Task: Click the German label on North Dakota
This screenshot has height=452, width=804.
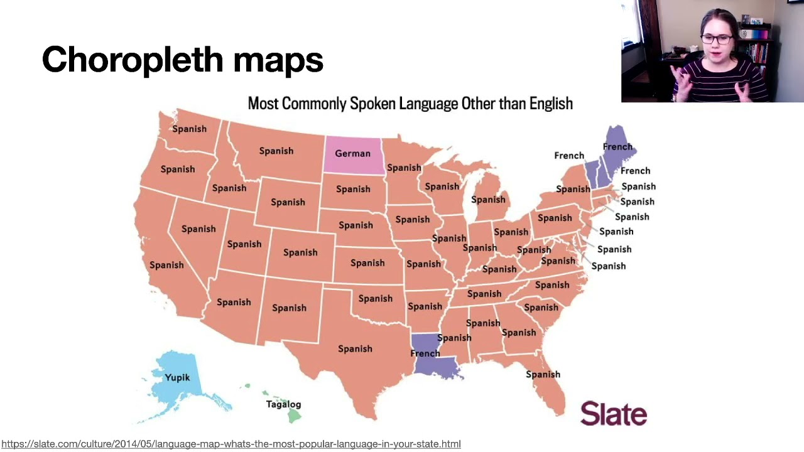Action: [x=352, y=153]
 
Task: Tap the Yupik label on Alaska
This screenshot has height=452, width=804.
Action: [x=177, y=377]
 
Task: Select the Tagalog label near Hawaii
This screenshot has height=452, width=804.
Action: [x=283, y=404]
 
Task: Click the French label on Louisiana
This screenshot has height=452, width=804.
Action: [x=425, y=353]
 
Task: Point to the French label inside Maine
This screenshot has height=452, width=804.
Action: [x=617, y=147]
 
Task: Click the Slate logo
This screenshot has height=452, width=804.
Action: [x=614, y=414]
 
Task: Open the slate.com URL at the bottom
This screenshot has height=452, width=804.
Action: [x=231, y=444]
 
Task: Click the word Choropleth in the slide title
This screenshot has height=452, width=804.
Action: [x=133, y=60]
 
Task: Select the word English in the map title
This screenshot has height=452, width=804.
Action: [x=551, y=104]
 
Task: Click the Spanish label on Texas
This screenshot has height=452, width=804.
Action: [x=355, y=348]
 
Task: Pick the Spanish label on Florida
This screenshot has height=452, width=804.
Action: [x=543, y=374]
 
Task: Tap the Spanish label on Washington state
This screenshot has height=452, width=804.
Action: [x=189, y=129]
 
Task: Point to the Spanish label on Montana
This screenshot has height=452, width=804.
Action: [x=276, y=151]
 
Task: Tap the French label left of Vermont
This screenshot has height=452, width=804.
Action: [x=569, y=156]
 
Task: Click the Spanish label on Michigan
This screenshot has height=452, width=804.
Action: [x=488, y=200]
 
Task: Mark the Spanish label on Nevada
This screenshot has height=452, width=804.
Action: [x=198, y=229]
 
